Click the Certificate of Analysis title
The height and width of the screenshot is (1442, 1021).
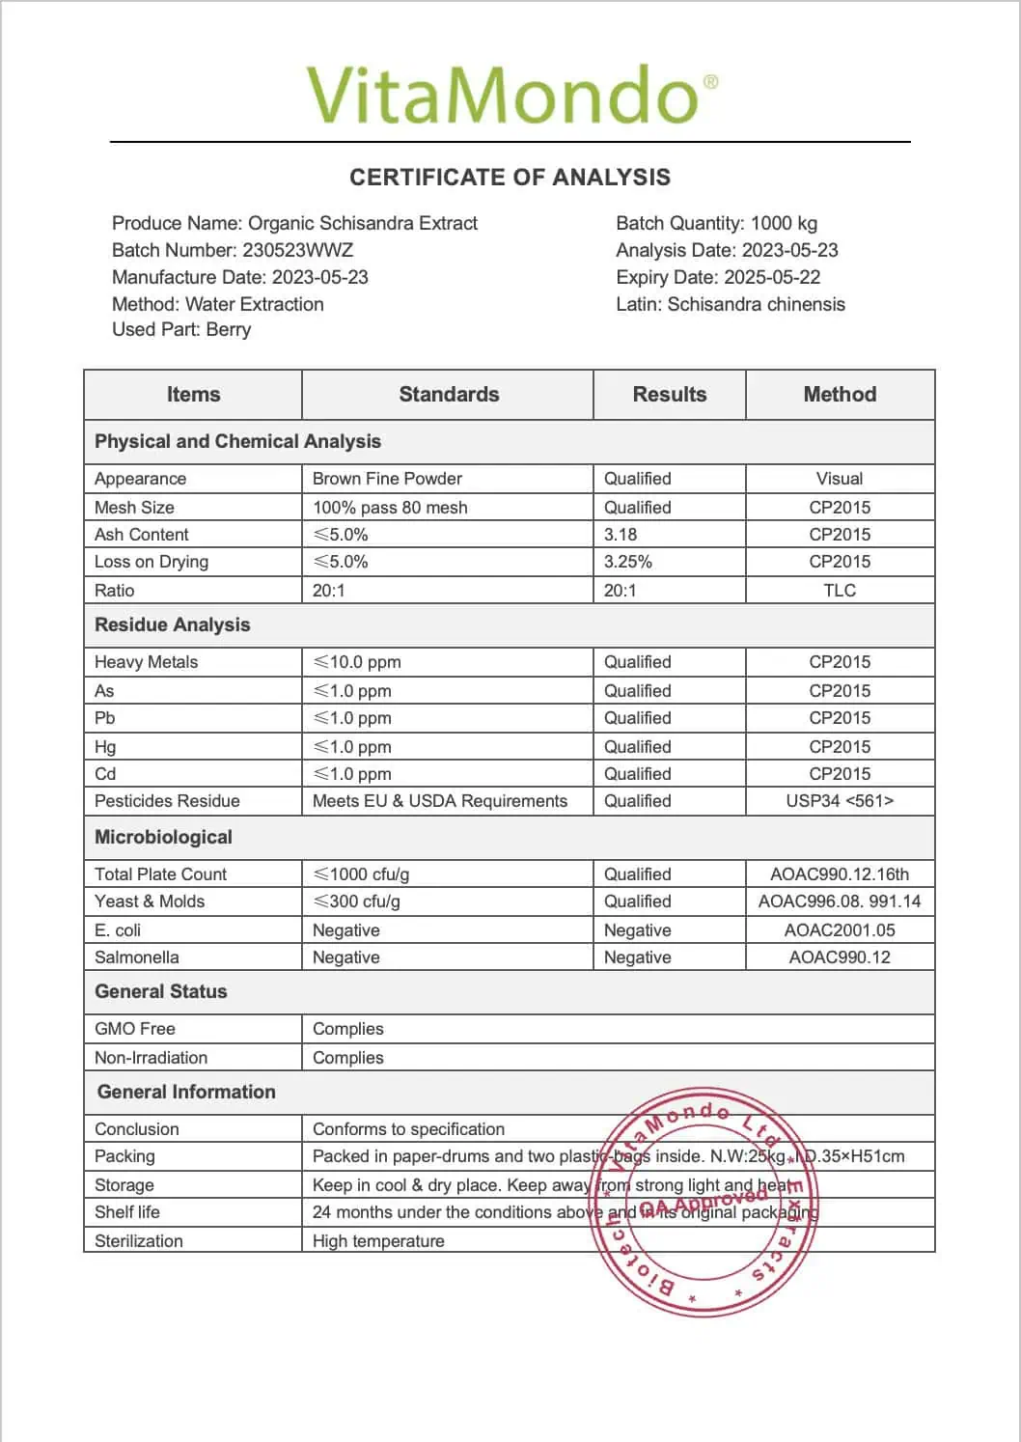[510, 178]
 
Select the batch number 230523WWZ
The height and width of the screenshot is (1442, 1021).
[297, 250]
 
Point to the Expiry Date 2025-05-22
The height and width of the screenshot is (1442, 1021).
[772, 277]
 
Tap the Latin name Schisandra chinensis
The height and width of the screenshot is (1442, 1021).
[756, 304]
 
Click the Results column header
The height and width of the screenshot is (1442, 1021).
[669, 394]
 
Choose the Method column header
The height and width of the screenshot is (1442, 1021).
[840, 394]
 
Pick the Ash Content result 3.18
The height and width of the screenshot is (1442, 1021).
[621, 535]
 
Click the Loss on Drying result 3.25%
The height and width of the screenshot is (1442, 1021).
[628, 562]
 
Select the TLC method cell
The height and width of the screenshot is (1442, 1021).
[840, 591]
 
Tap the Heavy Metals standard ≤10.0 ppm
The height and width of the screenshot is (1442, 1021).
[357, 662]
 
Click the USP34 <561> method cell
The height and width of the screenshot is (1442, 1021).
[840, 801]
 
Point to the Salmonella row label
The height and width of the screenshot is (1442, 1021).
[137, 957]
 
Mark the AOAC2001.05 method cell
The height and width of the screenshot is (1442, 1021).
[840, 930]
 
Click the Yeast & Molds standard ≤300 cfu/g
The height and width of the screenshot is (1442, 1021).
[356, 901]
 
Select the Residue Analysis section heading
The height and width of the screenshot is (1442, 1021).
[172, 624]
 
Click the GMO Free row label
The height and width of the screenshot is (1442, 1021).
[135, 1029]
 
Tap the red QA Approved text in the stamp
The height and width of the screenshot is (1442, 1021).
[704, 1203]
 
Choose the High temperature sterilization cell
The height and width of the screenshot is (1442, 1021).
[378, 1241]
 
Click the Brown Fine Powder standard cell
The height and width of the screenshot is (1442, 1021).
[387, 479]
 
